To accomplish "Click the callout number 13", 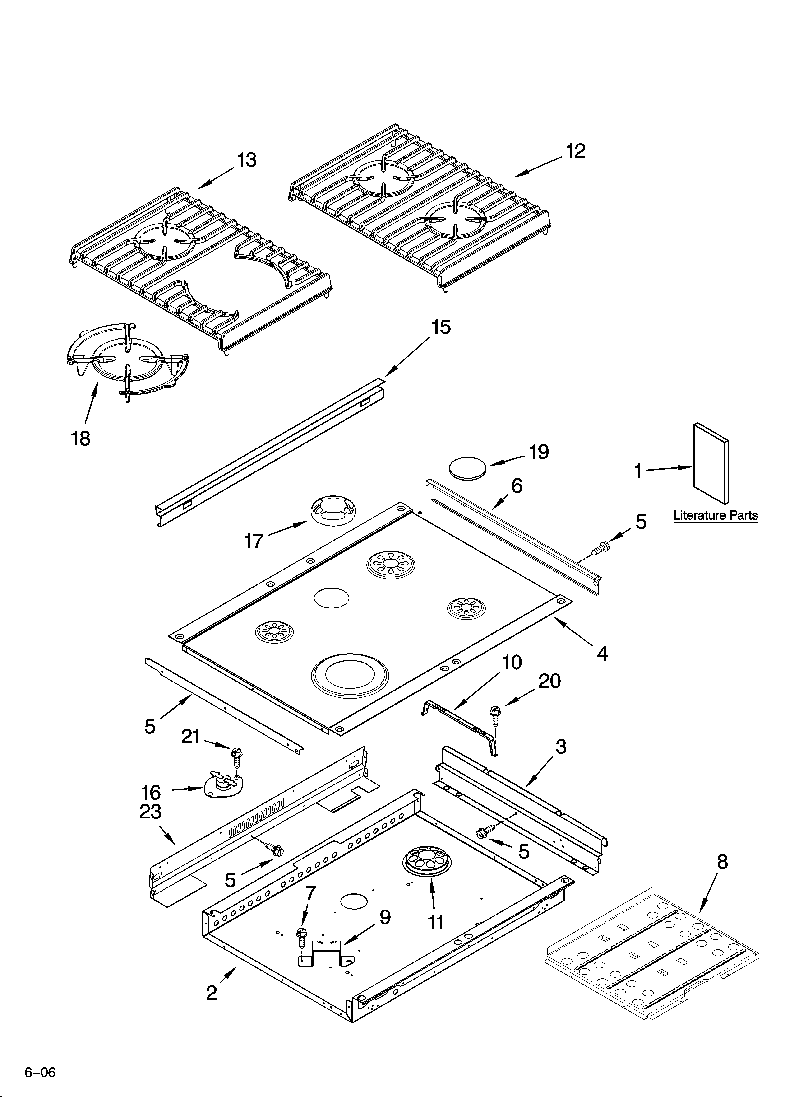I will [247, 160].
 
